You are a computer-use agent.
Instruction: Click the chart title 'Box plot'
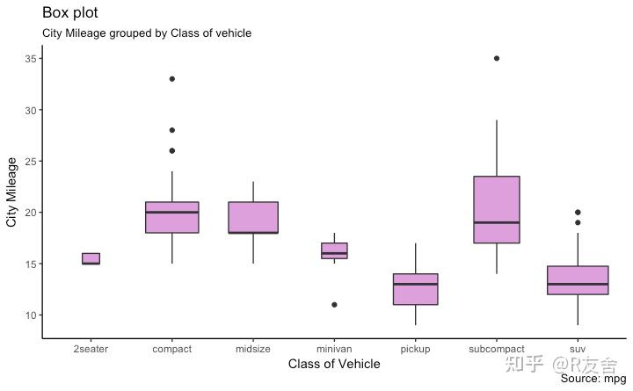click(70, 13)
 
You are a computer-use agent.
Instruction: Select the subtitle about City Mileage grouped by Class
click(147, 33)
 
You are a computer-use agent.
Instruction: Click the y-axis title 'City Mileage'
click(12, 192)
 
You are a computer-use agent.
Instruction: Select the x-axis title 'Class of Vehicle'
click(334, 364)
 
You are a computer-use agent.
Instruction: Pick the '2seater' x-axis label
click(91, 349)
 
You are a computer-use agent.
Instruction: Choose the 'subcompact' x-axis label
click(497, 349)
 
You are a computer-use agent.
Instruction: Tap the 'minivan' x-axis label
click(334, 349)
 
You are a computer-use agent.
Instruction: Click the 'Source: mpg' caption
click(593, 379)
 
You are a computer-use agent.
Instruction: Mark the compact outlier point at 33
click(172, 79)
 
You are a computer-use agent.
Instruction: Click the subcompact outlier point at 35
click(497, 59)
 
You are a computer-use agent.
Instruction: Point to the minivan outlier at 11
click(334, 305)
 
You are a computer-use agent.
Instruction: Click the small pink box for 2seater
click(91, 257)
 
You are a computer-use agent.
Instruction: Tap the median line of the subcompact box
click(497, 222)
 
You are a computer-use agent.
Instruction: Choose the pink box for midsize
click(253, 215)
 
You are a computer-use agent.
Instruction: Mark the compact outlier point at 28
click(172, 130)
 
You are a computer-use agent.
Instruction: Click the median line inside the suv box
click(578, 284)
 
